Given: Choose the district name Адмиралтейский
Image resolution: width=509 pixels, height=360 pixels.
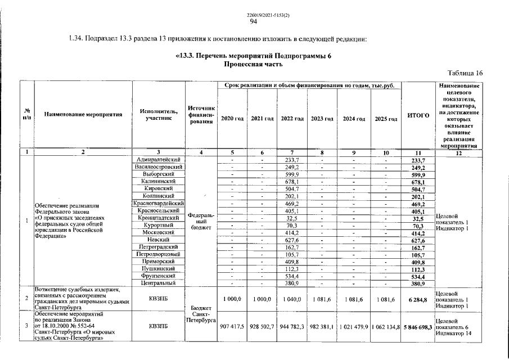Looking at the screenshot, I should (158, 160).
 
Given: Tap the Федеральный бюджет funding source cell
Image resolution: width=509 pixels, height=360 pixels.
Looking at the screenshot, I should (200, 221).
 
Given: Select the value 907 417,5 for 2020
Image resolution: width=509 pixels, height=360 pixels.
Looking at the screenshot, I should (232, 326).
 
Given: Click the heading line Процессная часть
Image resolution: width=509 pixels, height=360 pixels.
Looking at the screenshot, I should (253, 64).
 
